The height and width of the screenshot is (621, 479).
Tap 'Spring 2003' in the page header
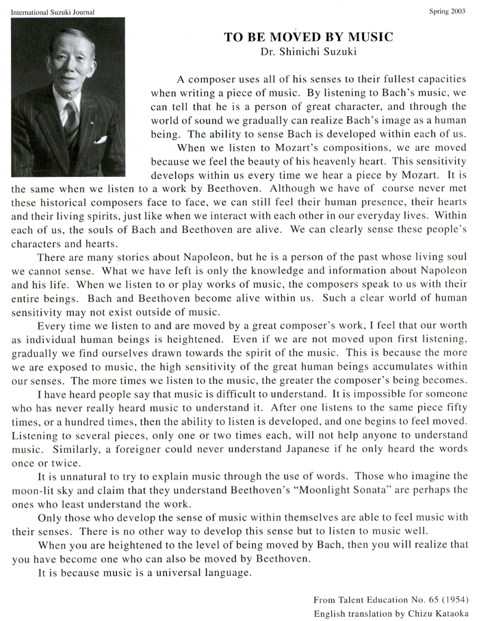(449, 11)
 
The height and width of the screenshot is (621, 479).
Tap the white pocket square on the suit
(101, 139)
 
